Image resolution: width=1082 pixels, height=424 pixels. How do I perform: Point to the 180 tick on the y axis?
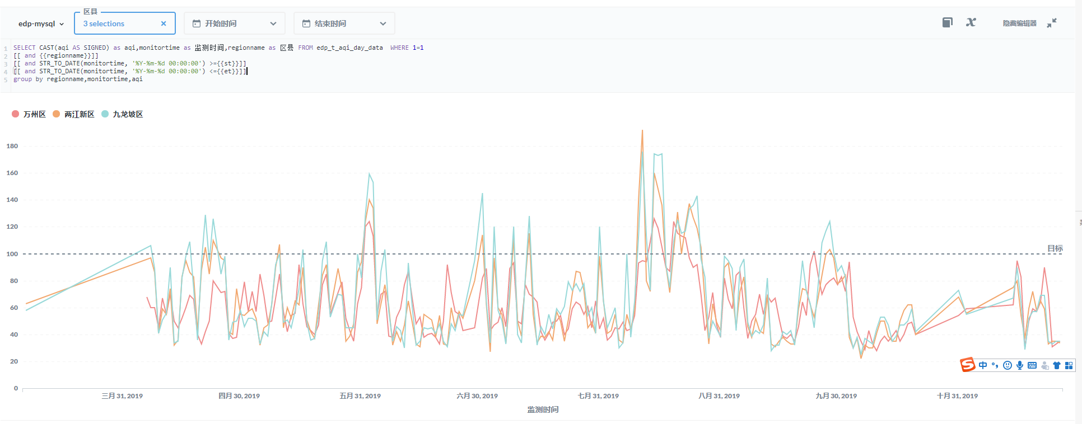coord(12,146)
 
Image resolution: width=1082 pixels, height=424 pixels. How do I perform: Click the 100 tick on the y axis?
coord(12,254)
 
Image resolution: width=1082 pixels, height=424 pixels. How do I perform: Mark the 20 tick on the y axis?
coord(14,361)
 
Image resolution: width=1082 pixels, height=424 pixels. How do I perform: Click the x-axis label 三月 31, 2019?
coord(122,396)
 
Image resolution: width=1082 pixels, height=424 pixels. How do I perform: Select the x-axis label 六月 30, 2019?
coord(477,396)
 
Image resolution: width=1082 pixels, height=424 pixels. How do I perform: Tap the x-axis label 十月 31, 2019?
coord(957,396)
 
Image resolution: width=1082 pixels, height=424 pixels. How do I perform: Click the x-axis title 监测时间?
coord(543,409)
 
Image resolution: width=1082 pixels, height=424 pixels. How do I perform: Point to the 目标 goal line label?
coord(1055,248)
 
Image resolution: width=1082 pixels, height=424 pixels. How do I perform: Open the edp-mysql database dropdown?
coord(41,23)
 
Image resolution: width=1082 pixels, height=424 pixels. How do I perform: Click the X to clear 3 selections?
coord(164,23)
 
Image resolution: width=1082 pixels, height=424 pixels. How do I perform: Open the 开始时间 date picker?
coord(234,23)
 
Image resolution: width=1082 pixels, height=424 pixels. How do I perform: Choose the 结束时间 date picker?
coord(344,23)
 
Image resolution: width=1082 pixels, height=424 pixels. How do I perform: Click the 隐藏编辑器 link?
coord(1019,23)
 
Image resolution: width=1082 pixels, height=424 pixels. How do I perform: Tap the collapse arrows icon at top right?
coord(1052,23)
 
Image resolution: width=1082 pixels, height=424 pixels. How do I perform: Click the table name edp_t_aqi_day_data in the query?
coord(349,48)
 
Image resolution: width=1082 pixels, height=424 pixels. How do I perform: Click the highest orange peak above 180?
coord(642,131)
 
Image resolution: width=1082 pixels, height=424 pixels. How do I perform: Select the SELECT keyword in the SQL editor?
coord(24,48)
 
